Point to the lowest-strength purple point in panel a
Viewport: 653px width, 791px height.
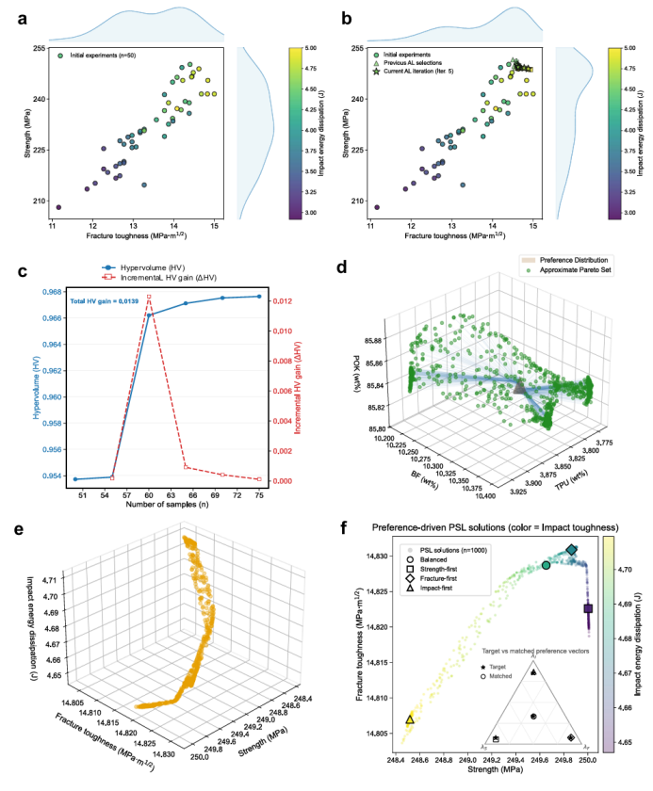[x=58, y=207]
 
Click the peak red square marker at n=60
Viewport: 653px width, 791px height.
[x=149, y=298]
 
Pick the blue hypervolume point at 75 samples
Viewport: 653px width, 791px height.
[x=258, y=297]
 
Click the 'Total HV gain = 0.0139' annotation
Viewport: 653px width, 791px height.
[x=105, y=301]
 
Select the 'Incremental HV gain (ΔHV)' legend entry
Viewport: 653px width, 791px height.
[x=162, y=278]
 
